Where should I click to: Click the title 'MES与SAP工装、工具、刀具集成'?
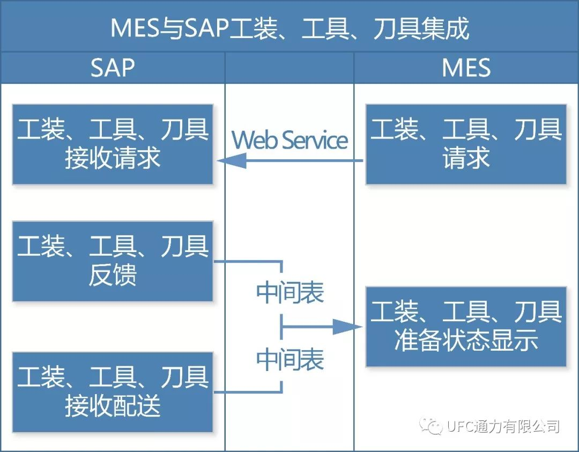tap(289, 28)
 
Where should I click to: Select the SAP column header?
tap(113, 68)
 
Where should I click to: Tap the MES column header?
tap(466, 68)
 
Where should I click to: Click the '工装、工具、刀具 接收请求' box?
tap(113, 144)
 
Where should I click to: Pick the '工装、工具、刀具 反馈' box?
tap(113, 261)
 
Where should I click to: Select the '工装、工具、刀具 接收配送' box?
tap(113, 392)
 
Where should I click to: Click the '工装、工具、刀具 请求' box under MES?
tap(466, 144)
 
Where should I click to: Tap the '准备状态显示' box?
tap(466, 327)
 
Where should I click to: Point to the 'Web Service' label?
tap(289, 140)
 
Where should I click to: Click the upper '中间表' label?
tap(289, 293)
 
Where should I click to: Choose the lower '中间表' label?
tap(289, 359)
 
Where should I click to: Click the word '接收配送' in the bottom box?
tap(113, 406)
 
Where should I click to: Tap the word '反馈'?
tap(113, 275)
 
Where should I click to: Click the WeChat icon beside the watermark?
tap(432, 427)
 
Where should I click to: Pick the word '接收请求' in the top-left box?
tap(113, 158)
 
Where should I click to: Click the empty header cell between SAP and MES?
tap(289, 68)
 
